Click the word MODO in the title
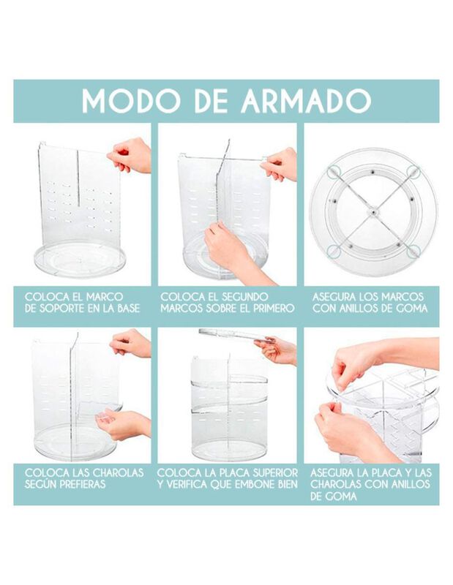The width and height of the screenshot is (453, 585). coord(128,100)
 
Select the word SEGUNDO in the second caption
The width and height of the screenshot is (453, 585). coord(245,298)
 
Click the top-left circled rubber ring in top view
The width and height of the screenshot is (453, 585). coord(334,173)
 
